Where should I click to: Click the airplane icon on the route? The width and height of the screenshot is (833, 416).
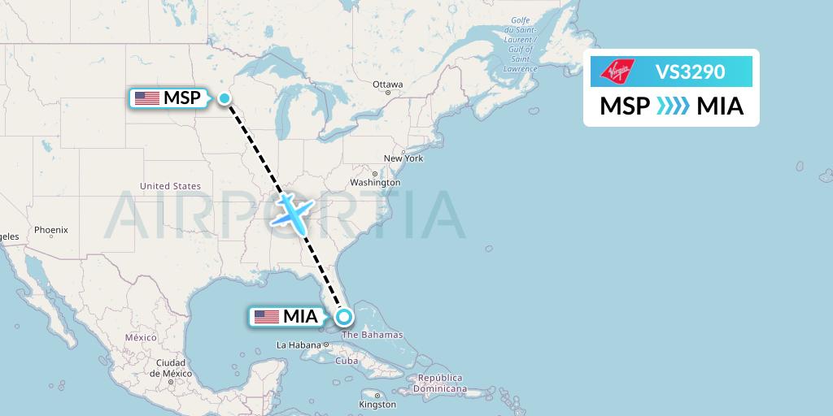point(290,210)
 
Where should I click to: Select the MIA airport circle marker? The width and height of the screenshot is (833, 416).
point(344,317)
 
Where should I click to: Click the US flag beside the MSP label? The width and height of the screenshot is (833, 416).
point(147,98)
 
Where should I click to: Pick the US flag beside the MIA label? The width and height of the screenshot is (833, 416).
point(267,317)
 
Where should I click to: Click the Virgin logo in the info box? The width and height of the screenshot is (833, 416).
point(615,71)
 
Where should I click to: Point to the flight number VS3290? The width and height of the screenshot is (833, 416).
point(690,71)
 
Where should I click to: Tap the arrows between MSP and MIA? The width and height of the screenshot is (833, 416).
point(673,106)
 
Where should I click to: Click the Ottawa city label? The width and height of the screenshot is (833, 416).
point(387,84)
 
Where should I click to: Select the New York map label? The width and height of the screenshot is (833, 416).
point(403,158)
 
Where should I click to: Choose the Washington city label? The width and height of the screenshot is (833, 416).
point(375,183)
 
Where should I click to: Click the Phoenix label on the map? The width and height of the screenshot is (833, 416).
point(50,230)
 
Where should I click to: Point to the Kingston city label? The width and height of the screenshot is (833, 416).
point(378,404)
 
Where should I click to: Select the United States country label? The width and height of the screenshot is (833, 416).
point(170,186)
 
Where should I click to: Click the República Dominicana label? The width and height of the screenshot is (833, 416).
point(442,383)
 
